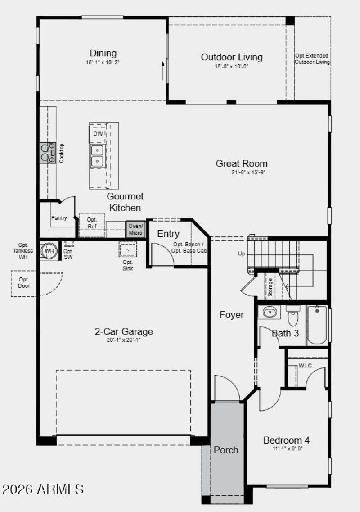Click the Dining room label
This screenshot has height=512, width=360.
(x=103, y=53)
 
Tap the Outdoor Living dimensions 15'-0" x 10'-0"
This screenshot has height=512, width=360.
(x=231, y=66)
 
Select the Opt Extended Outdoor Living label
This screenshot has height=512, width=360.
(x=312, y=59)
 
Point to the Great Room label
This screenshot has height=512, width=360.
(x=241, y=163)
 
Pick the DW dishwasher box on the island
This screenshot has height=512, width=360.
(x=98, y=134)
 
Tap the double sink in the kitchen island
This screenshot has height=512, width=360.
(x=97, y=155)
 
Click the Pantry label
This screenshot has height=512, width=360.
(x=59, y=218)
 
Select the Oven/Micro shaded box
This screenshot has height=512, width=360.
(x=135, y=229)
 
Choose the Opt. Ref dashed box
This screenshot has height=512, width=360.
(x=92, y=223)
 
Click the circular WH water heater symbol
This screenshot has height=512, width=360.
(x=49, y=251)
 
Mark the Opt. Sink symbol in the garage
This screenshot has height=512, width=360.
(x=128, y=249)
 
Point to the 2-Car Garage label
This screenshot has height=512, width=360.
(x=124, y=332)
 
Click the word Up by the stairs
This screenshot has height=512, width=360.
(x=242, y=254)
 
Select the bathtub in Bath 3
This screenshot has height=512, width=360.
(x=317, y=325)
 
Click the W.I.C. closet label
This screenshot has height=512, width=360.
(x=306, y=366)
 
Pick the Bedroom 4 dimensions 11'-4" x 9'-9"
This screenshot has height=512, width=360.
(x=286, y=449)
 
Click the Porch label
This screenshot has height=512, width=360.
(x=226, y=450)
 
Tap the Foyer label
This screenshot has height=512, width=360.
(x=232, y=315)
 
